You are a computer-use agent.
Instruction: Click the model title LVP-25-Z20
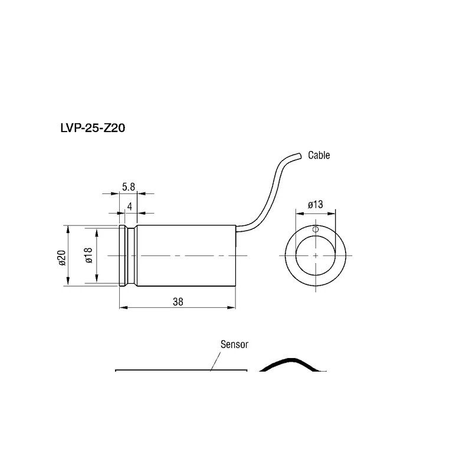93,128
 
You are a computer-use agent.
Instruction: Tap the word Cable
319,155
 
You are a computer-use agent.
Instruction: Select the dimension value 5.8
129,187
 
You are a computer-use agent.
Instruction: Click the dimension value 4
129,206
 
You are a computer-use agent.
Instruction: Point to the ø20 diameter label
62,258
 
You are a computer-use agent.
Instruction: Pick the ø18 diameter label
88,255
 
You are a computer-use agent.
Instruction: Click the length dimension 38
178,302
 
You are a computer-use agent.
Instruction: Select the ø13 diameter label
316,205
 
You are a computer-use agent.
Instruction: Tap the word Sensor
234,344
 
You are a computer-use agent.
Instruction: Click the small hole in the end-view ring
316,229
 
